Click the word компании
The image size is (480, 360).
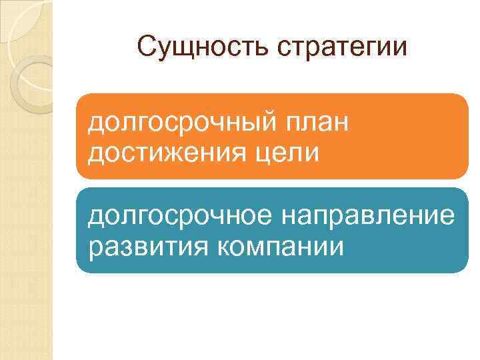coord(281,247)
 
